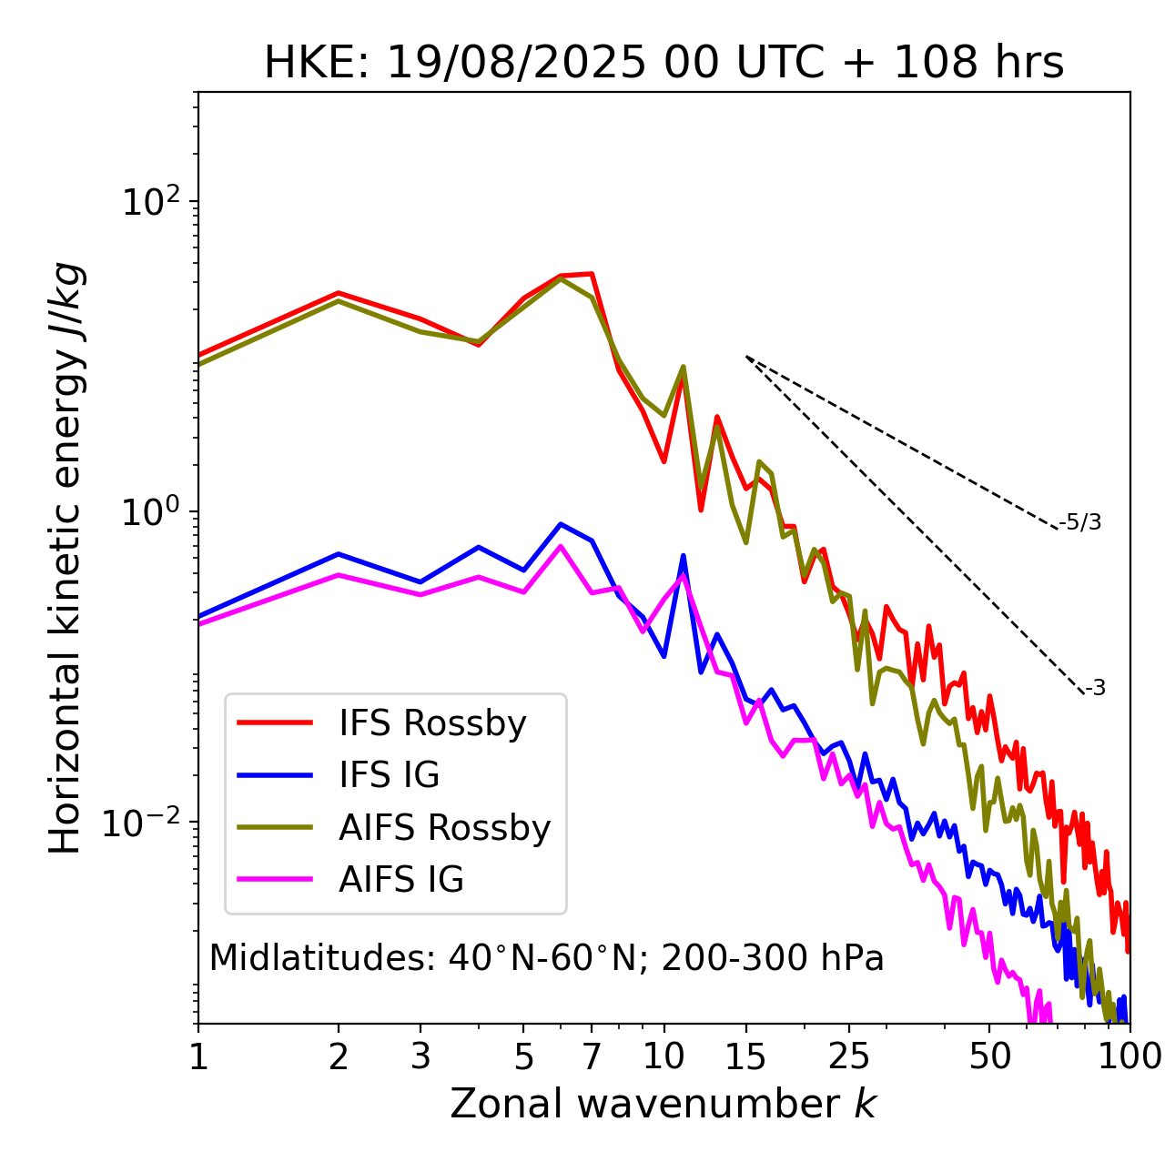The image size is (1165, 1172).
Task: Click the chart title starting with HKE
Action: [664, 64]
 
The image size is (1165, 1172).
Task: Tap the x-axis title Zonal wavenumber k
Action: [664, 1103]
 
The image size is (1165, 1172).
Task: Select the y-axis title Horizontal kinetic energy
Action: [66, 558]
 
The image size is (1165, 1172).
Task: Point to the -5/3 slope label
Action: [1080, 522]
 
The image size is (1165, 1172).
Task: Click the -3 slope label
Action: [1095, 689]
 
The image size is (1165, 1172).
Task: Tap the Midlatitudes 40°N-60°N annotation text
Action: [546, 958]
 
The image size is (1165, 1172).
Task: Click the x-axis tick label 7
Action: [592, 1056]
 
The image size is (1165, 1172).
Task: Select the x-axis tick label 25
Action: [849, 1056]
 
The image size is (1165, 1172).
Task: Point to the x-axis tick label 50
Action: [989, 1056]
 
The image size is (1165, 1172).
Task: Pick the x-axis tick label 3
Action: [420, 1056]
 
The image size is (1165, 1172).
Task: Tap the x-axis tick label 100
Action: [1129, 1056]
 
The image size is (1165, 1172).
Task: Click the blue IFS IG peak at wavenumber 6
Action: [561, 524]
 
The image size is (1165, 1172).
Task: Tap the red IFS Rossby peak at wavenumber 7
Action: [592, 274]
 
